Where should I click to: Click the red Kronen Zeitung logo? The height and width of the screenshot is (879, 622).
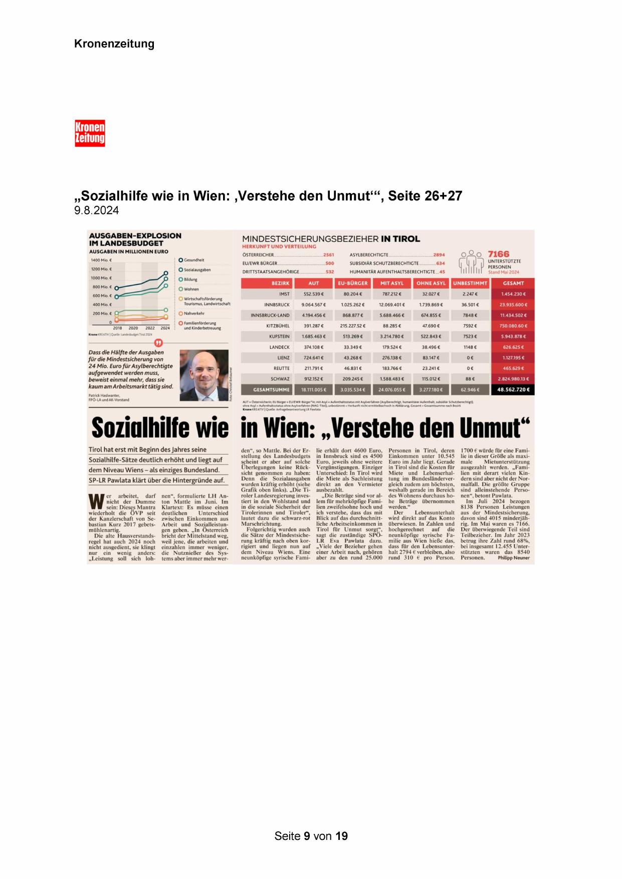(90, 133)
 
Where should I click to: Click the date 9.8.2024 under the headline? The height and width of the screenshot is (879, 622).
(97, 210)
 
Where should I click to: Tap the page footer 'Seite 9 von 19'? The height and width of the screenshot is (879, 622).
(311, 836)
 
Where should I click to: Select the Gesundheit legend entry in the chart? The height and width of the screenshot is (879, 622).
(193, 260)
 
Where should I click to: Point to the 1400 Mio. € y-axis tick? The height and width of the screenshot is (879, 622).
(101, 260)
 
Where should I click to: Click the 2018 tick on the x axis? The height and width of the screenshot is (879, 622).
(117, 328)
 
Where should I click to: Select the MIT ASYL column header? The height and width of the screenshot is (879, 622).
(392, 283)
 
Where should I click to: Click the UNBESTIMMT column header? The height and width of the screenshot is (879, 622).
(470, 283)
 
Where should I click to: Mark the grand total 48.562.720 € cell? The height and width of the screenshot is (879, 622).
(513, 389)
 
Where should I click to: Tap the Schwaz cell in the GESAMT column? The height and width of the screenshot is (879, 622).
(513, 379)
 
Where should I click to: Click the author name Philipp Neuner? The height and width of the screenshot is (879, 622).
(513, 558)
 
